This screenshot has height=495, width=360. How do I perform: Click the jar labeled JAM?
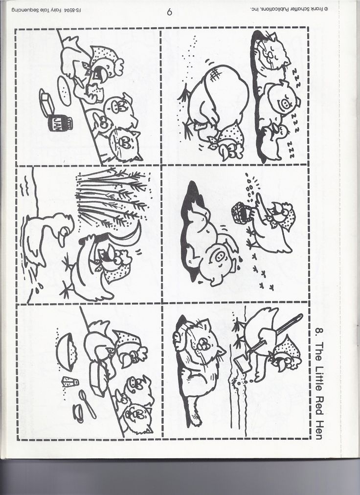(60, 123)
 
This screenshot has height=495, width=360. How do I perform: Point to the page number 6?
(169, 12)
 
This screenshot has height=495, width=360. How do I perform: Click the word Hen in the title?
(318, 428)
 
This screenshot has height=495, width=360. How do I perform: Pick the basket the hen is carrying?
(241, 213)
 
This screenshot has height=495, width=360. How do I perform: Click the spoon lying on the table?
(88, 404)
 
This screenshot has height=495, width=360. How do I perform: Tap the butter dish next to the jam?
(46, 103)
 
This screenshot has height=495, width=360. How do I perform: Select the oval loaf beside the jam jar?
(64, 91)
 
